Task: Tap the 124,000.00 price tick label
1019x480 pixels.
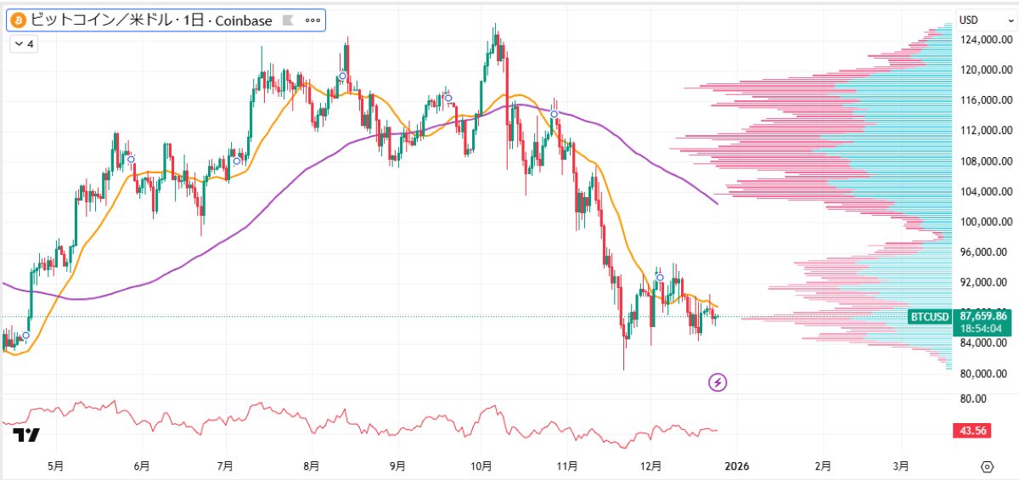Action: click(984, 39)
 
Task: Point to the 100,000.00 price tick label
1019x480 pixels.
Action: click(984, 222)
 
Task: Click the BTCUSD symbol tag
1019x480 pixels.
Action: click(929, 317)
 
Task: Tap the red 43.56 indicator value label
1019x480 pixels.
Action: click(973, 431)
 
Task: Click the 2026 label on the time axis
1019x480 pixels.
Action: click(736, 466)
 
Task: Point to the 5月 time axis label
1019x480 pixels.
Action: click(55, 466)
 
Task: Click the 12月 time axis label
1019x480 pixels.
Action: click(652, 466)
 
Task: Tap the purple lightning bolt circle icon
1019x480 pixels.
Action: click(718, 382)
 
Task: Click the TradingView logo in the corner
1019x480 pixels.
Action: click(25, 436)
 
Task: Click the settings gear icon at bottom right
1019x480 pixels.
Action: click(987, 466)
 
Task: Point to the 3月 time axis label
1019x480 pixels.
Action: click(901, 466)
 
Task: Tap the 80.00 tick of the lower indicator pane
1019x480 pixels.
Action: click(973, 398)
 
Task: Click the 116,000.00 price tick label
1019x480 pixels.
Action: click(984, 100)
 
